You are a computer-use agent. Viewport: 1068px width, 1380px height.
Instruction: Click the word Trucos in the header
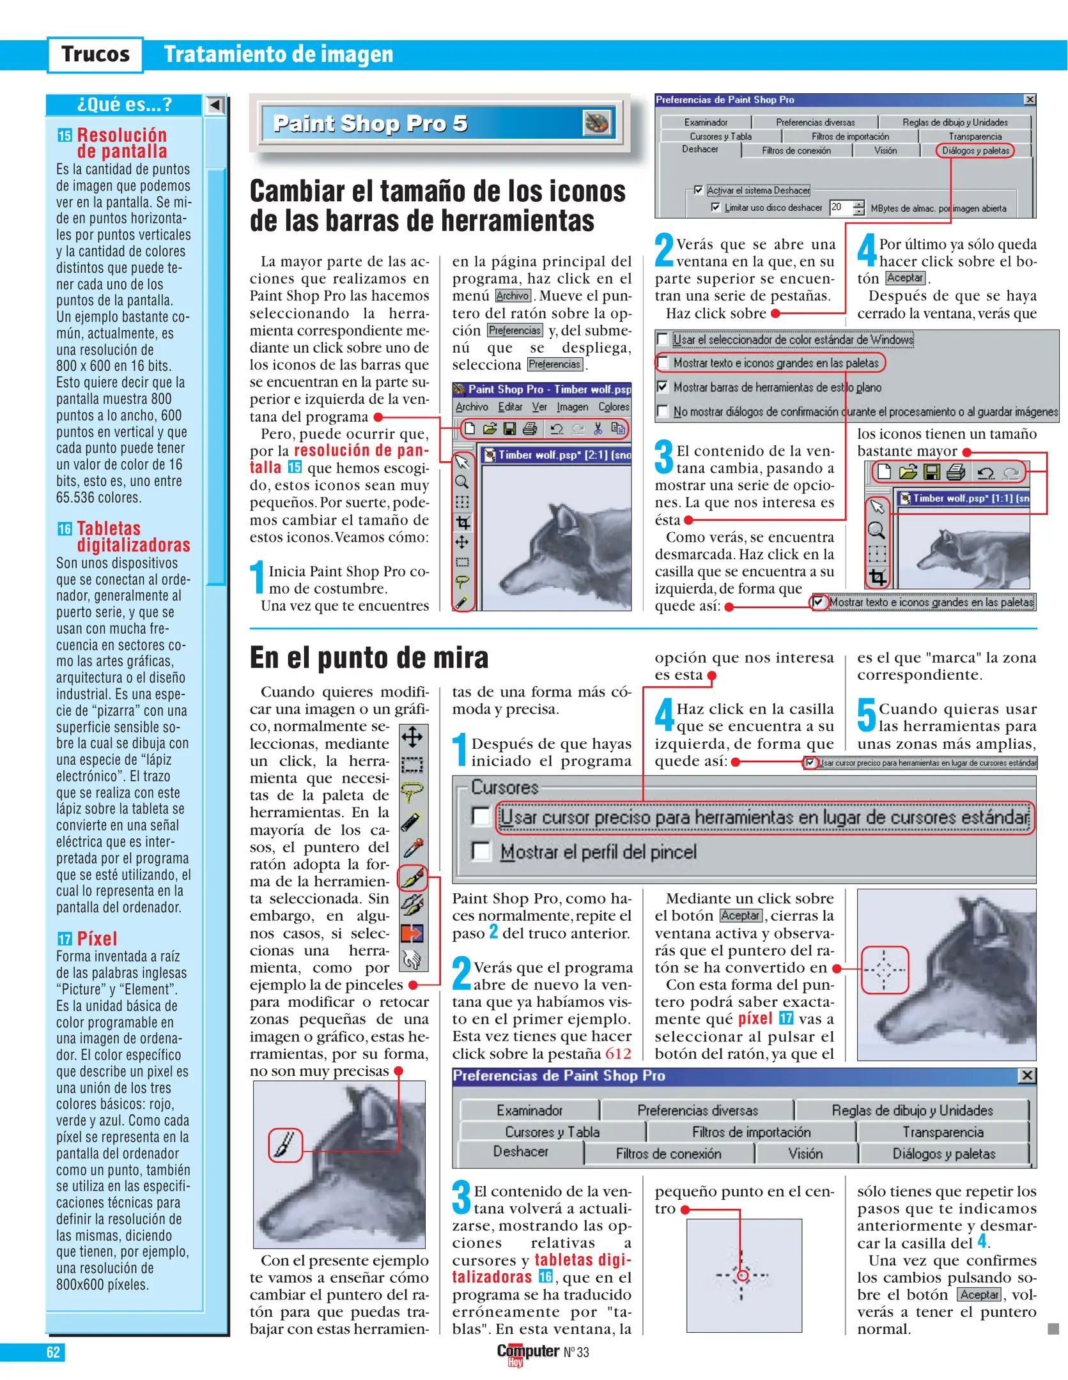click(x=95, y=54)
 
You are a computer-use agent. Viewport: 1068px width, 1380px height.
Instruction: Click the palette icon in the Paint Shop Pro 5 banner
click(x=597, y=123)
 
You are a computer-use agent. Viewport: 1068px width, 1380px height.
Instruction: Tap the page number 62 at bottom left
click(x=53, y=1352)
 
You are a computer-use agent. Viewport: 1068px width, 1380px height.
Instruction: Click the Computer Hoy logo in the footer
click(x=527, y=1353)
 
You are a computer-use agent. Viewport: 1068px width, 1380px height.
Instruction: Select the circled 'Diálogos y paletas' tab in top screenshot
click(x=975, y=151)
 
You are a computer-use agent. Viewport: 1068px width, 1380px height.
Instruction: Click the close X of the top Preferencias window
click(x=1030, y=100)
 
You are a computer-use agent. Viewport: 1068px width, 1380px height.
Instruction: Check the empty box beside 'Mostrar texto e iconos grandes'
click(x=663, y=363)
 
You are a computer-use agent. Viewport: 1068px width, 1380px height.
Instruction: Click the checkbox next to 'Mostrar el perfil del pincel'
click(x=480, y=851)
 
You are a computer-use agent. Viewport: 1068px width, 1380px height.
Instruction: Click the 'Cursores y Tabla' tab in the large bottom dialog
click(x=552, y=1131)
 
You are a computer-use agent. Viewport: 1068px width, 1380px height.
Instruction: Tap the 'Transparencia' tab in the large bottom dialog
click(x=943, y=1131)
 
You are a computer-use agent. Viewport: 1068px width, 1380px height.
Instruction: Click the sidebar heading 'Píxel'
click(x=97, y=939)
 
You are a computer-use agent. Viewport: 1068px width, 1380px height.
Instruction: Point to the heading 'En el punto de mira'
click(x=369, y=658)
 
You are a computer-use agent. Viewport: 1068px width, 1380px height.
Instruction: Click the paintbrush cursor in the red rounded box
click(x=285, y=1145)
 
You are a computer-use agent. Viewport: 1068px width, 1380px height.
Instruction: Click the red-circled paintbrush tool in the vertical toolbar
click(x=413, y=878)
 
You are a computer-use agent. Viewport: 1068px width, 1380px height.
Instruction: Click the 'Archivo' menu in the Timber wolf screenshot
click(x=472, y=407)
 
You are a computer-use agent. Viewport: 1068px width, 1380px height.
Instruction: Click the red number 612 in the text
click(x=618, y=1054)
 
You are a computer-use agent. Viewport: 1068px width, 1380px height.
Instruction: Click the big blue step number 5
click(x=866, y=715)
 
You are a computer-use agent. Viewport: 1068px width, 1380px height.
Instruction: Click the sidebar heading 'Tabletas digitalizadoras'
click(x=133, y=537)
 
